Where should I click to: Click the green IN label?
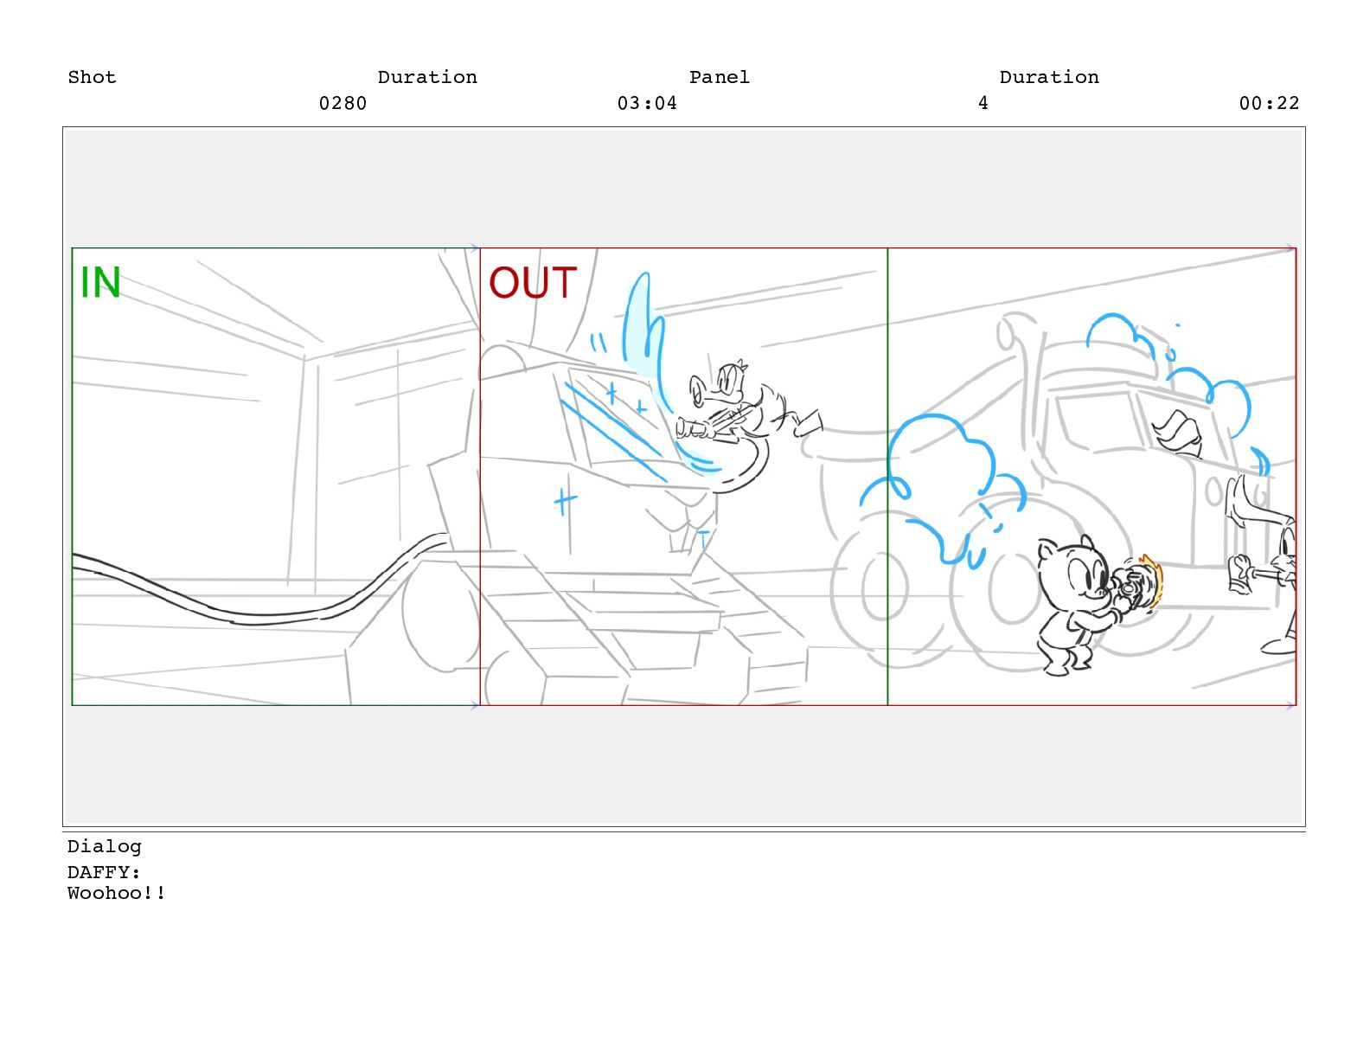pyautogui.click(x=99, y=282)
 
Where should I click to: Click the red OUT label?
pyautogui.click(x=532, y=282)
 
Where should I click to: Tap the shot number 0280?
pyautogui.click(x=342, y=103)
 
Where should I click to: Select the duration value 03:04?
pyautogui.click(x=647, y=103)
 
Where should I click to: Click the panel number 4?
pyautogui.click(x=983, y=103)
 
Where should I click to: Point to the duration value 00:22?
pyautogui.click(x=1269, y=103)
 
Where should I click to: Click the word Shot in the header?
pyautogui.click(x=92, y=77)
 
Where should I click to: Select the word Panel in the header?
pyautogui.click(x=720, y=77)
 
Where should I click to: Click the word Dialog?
pyautogui.click(x=105, y=846)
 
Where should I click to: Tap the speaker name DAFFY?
pyautogui.click(x=104, y=871)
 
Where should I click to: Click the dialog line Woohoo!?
pyautogui.click(x=117, y=893)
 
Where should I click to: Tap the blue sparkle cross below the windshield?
pyautogui.click(x=565, y=502)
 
